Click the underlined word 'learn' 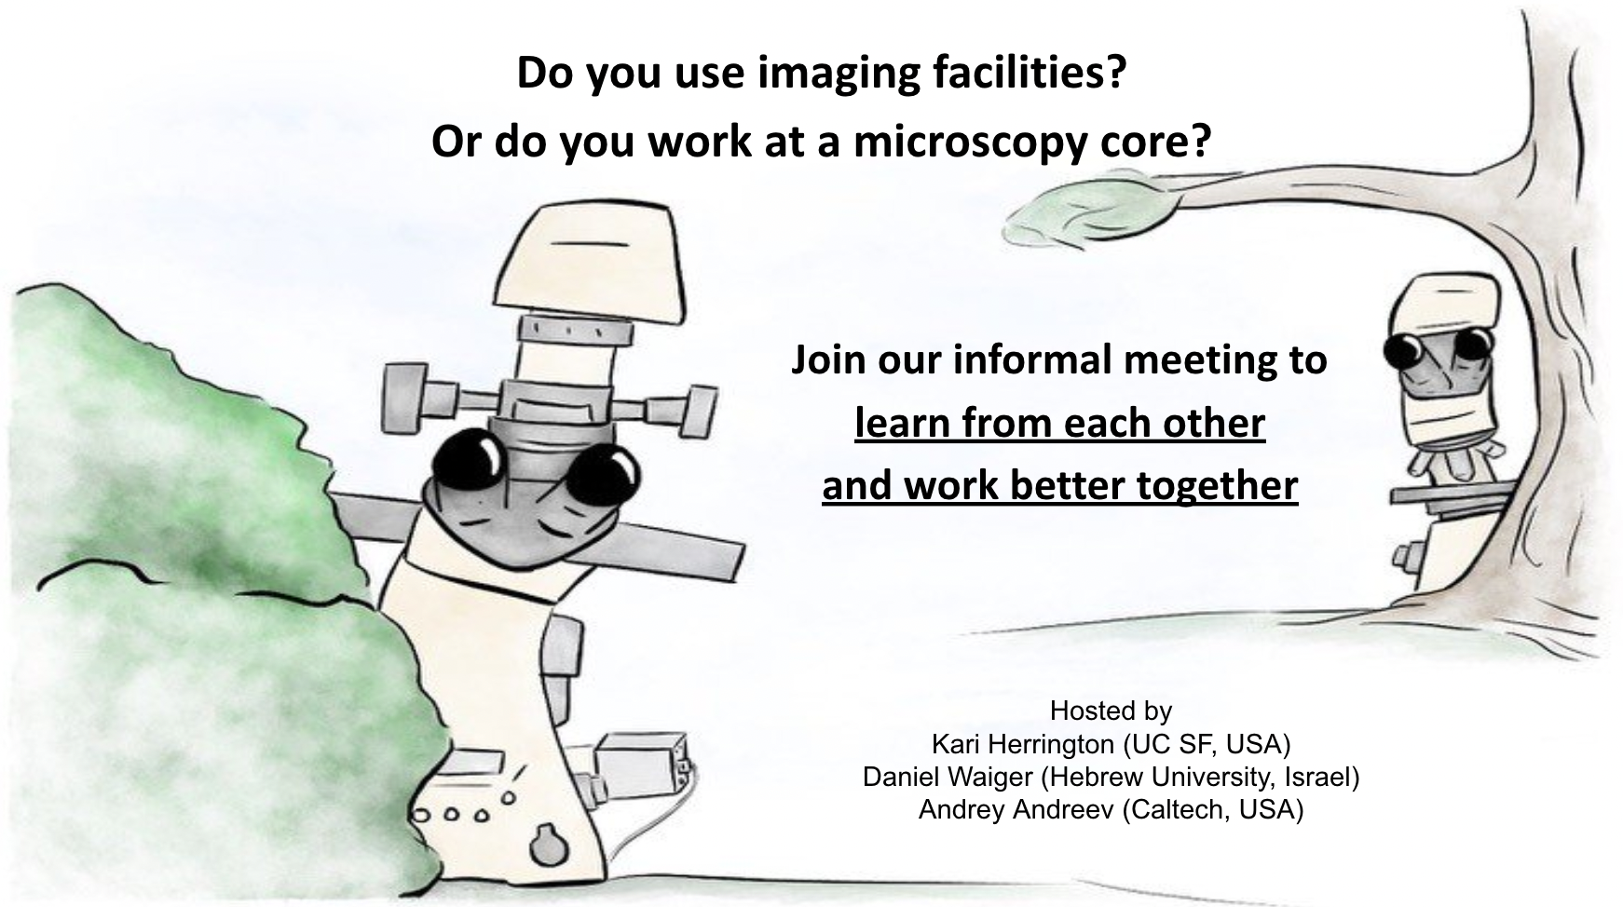902,423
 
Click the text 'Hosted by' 1111,711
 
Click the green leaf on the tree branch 1087,215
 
